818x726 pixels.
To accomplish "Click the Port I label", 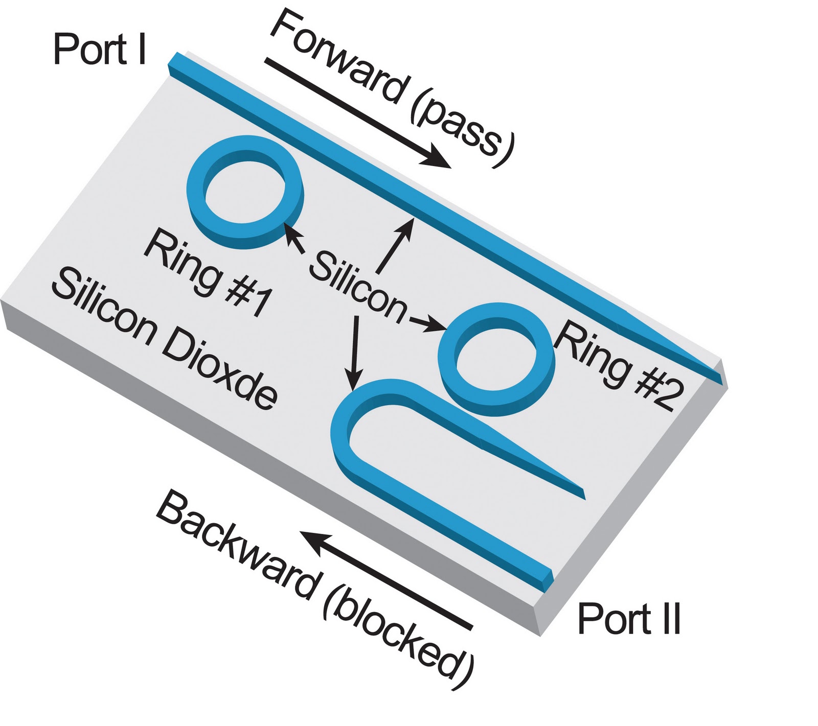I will point(100,50).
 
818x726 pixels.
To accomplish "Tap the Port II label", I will point(629,619).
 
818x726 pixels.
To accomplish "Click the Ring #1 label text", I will point(207,273).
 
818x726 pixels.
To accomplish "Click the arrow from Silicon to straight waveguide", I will point(394,245).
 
